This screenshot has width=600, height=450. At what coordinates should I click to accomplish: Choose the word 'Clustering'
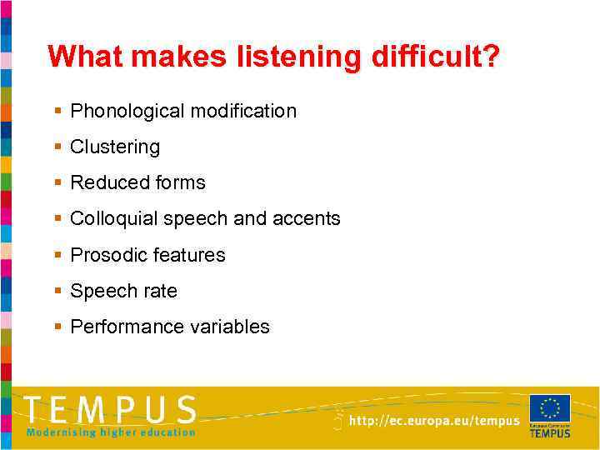[115, 147]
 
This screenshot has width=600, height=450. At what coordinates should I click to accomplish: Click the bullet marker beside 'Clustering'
[57, 147]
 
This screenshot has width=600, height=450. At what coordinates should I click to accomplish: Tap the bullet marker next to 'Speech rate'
[57, 291]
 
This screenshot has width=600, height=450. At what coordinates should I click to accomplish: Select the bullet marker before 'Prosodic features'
[57, 255]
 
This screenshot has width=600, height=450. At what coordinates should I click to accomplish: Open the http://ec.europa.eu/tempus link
[434, 422]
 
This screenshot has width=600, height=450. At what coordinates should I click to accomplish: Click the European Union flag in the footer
[550, 409]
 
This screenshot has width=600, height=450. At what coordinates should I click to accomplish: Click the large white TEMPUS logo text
[111, 410]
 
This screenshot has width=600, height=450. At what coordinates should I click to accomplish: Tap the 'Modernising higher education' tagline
[111, 432]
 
